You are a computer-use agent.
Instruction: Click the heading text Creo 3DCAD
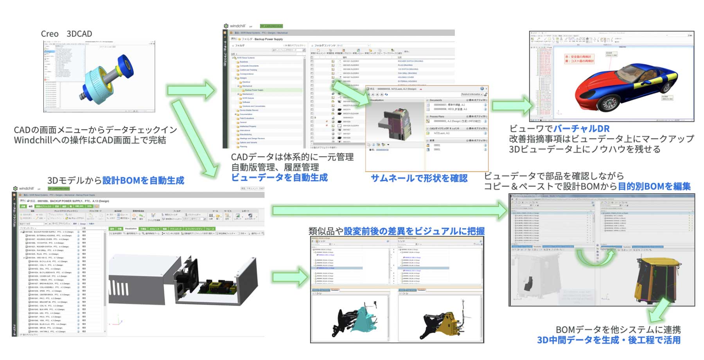tap(66, 34)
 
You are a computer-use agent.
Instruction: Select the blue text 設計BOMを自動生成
tap(143, 180)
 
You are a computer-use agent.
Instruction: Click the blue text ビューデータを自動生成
tap(279, 178)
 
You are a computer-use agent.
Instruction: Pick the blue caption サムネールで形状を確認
tap(419, 178)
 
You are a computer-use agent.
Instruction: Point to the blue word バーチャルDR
tap(581, 128)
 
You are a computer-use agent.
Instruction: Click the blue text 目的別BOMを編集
tap(654, 186)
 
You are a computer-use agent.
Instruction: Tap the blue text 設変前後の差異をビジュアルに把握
tap(414, 231)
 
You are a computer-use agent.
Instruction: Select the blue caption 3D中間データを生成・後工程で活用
tap(609, 340)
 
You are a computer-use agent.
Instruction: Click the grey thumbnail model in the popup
tap(393, 121)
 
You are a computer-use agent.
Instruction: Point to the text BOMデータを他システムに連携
tap(618, 329)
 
